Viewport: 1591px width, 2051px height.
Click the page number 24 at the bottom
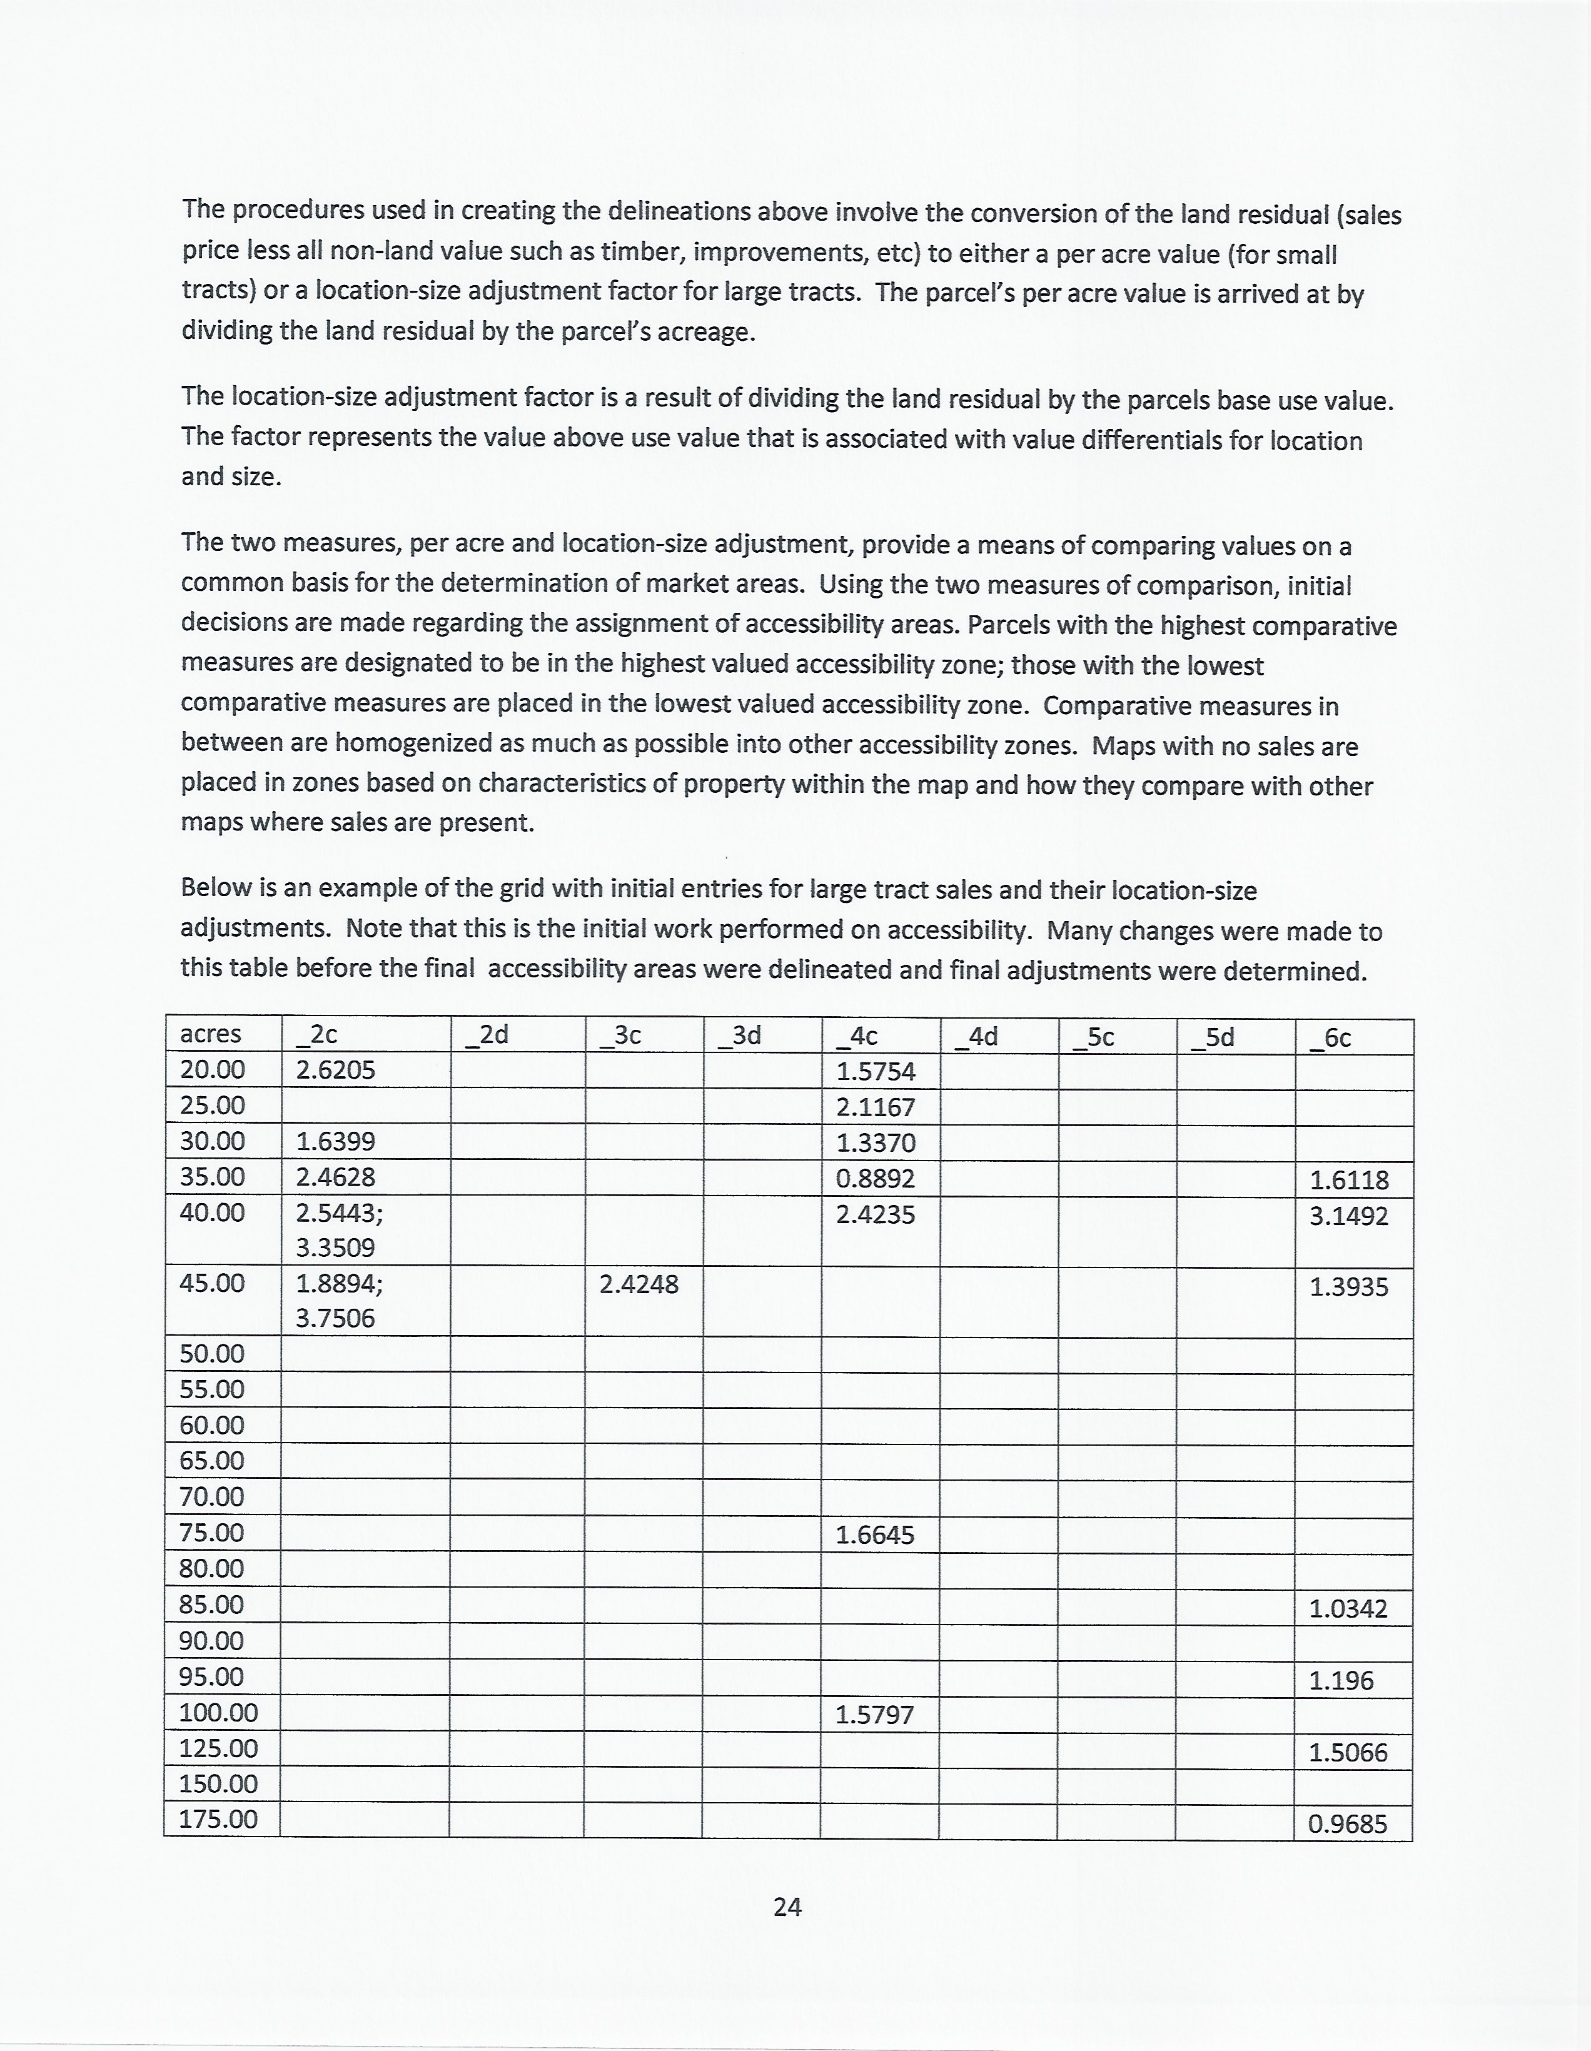click(787, 1907)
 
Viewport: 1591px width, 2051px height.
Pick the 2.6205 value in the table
click(335, 1070)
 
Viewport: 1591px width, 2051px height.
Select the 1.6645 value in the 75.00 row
click(874, 1535)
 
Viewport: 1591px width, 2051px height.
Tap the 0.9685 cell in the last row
click(1347, 1825)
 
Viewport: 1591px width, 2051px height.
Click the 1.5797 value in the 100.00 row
click(874, 1715)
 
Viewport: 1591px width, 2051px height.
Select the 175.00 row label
click(218, 1819)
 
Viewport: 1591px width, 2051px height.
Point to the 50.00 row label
click(212, 1353)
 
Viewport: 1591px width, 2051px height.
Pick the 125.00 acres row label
click(218, 1748)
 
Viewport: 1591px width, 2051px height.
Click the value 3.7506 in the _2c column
click(335, 1319)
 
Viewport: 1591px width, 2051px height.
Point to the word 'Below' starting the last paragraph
click(215, 887)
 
